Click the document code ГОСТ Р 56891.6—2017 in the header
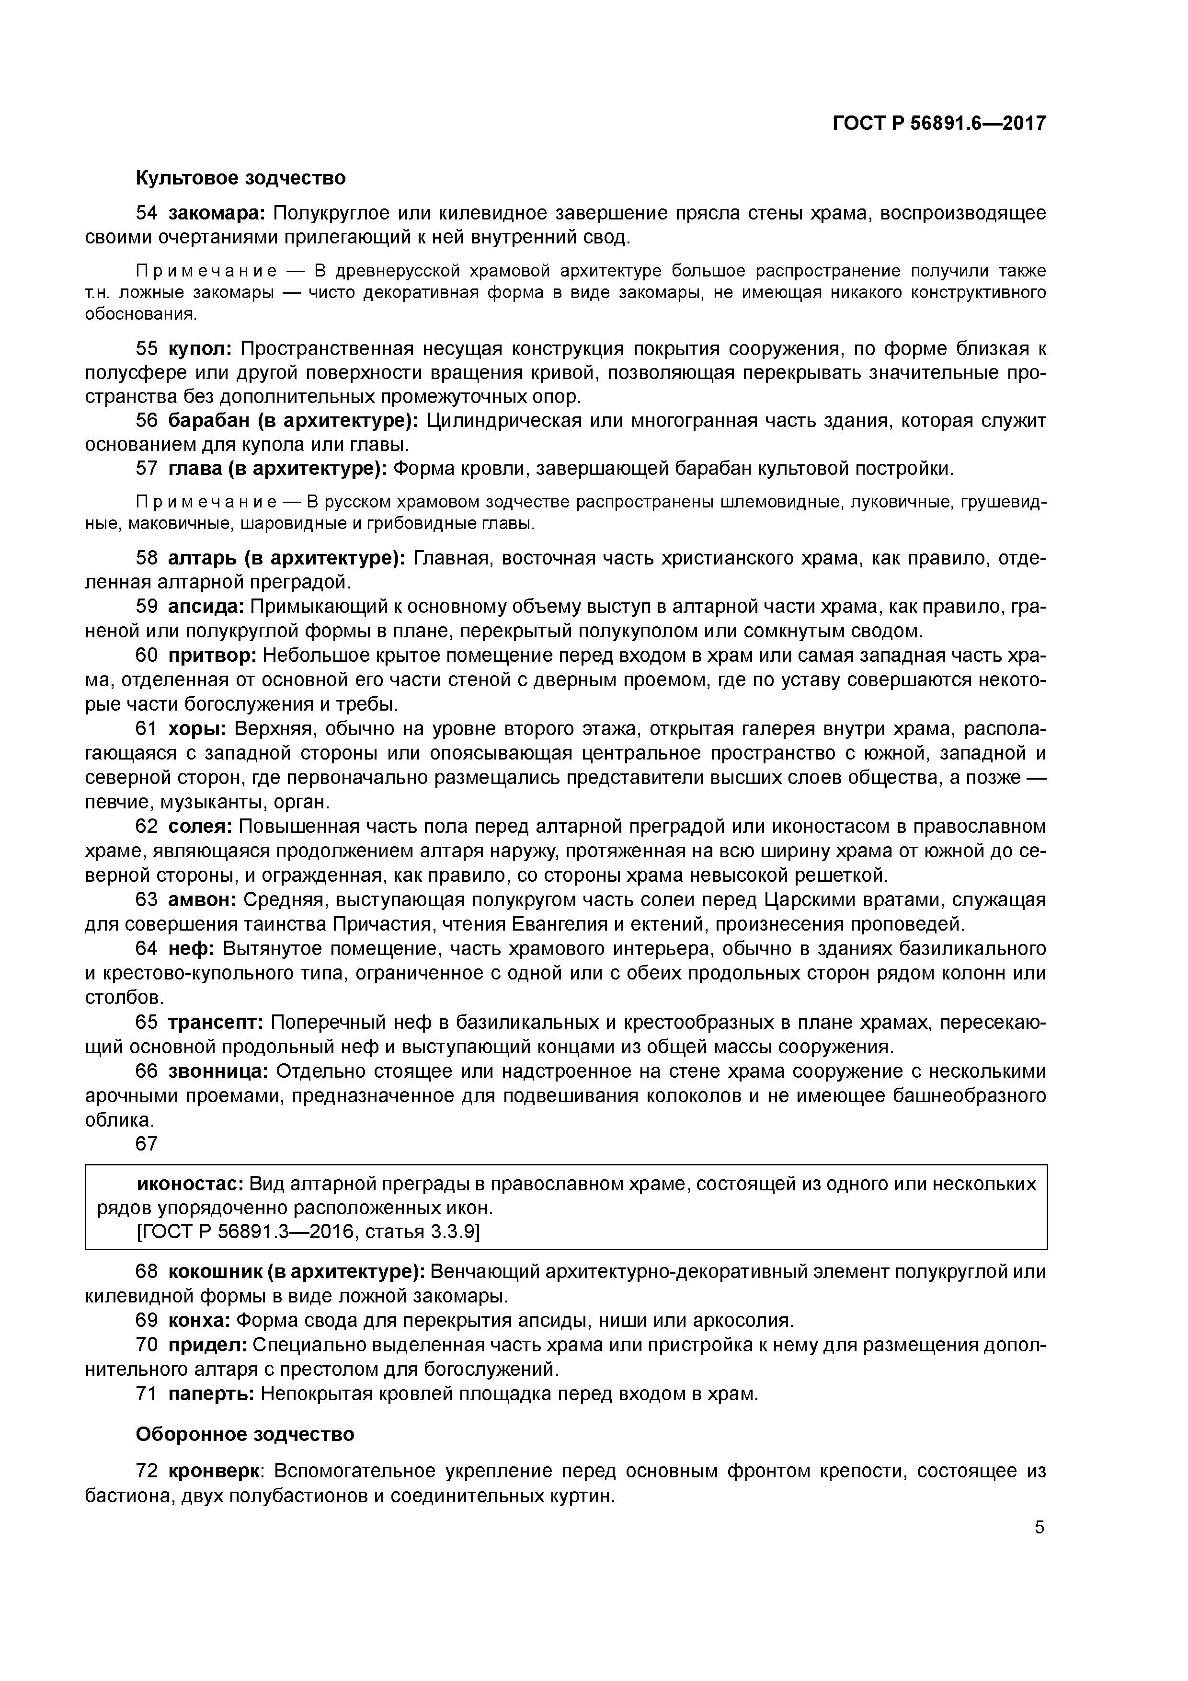click(939, 124)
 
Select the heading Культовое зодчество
click(240, 178)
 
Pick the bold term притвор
click(212, 655)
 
